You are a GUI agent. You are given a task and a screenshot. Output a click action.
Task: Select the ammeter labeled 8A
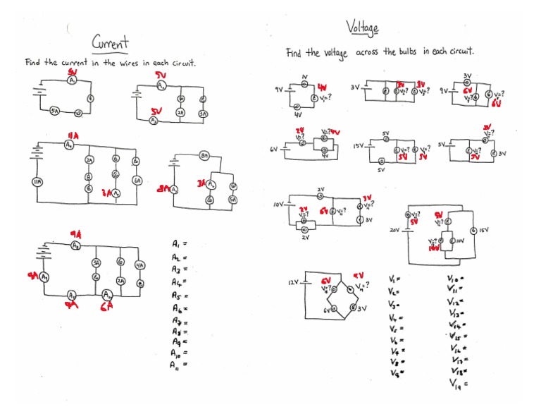[204, 154]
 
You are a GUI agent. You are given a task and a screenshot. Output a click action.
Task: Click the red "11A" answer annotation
[72, 134]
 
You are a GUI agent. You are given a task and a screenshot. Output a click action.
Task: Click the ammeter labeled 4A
[139, 265]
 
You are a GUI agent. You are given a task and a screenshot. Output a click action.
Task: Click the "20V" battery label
[394, 230]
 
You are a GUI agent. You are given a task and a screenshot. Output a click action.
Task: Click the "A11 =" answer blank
[178, 365]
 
